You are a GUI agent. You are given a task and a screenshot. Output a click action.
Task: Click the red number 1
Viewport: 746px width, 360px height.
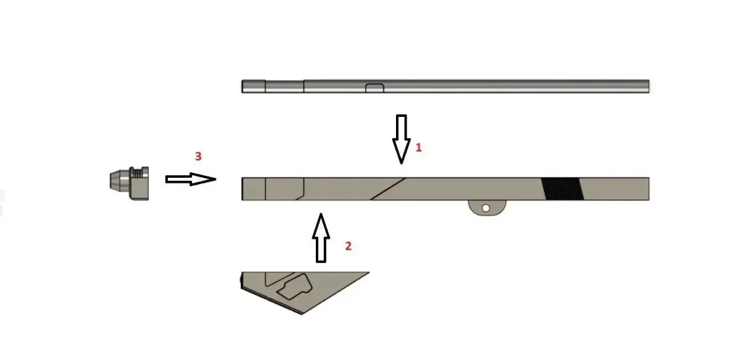tap(418, 148)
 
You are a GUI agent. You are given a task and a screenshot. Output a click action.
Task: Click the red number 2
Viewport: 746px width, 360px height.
tap(348, 246)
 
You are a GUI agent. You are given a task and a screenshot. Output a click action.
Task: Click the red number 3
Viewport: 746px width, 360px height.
tap(198, 157)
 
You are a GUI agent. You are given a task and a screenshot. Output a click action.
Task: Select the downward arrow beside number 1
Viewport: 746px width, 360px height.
tap(401, 138)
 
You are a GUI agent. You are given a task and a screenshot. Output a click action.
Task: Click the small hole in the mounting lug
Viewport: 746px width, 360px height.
tap(486, 208)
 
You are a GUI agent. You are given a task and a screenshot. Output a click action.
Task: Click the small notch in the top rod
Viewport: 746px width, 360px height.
tap(374, 88)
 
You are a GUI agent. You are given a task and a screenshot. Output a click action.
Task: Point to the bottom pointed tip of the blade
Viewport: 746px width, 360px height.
tap(302, 313)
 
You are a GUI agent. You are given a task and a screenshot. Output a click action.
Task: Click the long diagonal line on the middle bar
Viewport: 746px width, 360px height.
tap(389, 188)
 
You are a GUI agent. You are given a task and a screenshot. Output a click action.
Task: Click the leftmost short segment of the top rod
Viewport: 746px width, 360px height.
tap(254, 86)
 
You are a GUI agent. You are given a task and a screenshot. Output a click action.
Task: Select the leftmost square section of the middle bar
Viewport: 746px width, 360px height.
tap(254, 189)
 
